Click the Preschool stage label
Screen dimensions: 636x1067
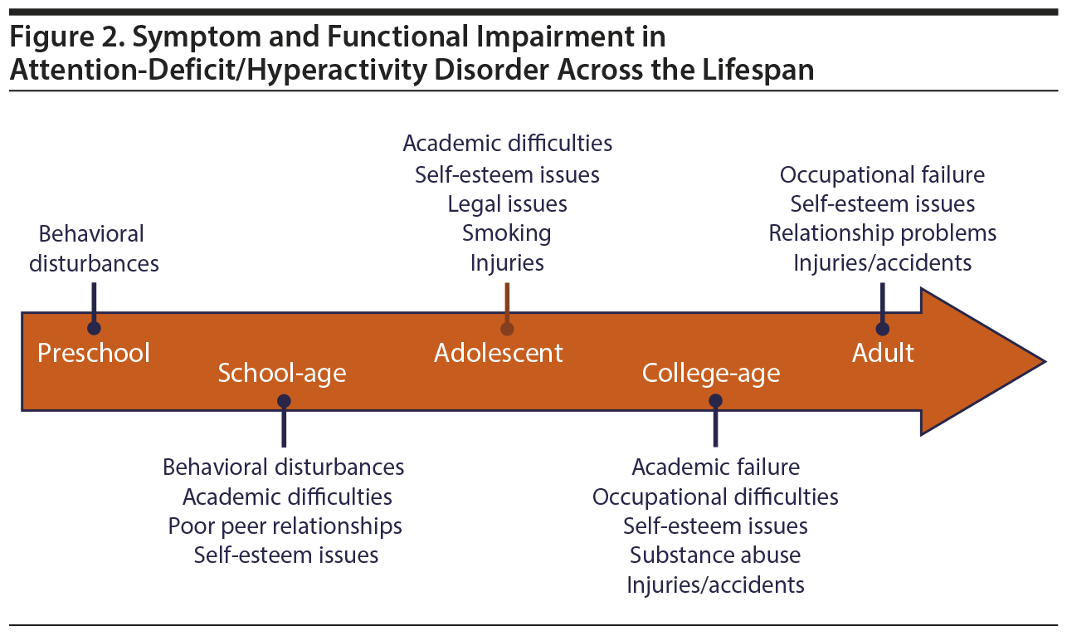pyautogui.click(x=94, y=353)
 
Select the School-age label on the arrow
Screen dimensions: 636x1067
pyautogui.click(x=281, y=374)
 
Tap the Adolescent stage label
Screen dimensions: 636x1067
pyautogui.click(x=499, y=353)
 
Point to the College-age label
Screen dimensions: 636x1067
pyautogui.click(x=711, y=374)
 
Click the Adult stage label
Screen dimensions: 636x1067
pyautogui.click(x=883, y=353)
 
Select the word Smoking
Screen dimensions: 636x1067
pyautogui.click(x=507, y=233)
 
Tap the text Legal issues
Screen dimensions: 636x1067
pyautogui.click(x=507, y=204)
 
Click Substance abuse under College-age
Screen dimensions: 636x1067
pyautogui.click(x=715, y=555)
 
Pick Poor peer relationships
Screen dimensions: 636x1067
pyautogui.click(x=285, y=526)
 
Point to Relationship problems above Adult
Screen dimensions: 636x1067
pyautogui.click(x=882, y=233)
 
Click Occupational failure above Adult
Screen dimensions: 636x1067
pyautogui.click(x=882, y=175)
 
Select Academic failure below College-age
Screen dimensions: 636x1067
pyautogui.click(x=715, y=467)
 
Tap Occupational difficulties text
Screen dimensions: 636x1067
pyautogui.click(x=715, y=497)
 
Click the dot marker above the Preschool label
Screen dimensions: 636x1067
pyautogui.click(x=94, y=329)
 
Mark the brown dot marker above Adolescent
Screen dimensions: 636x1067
pyautogui.click(x=507, y=329)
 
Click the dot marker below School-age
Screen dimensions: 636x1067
pyautogui.click(x=284, y=401)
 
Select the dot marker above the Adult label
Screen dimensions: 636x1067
pyautogui.click(x=882, y=329)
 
